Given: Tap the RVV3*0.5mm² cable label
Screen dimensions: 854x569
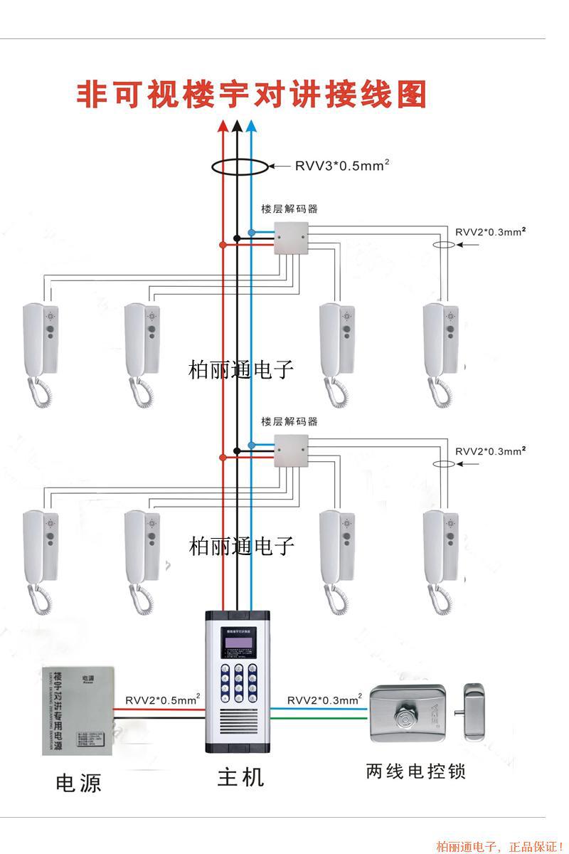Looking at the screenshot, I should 342,166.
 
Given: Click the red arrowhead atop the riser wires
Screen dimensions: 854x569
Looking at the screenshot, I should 223,126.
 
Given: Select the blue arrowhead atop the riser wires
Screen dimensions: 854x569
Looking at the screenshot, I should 250,126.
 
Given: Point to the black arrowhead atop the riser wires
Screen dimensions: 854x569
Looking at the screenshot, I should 236,126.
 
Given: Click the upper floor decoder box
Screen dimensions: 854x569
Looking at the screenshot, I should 292,238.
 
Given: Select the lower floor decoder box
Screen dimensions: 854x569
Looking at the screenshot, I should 292,450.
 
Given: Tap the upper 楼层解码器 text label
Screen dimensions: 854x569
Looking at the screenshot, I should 289,209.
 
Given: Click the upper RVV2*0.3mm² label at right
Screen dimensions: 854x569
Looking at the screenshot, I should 490,232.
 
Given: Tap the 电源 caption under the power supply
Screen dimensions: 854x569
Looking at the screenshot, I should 78,784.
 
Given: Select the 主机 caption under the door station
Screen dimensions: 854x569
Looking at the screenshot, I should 240,777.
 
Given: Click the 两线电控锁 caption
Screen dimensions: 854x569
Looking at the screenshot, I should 416,771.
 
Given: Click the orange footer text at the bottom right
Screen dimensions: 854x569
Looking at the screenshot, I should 499,846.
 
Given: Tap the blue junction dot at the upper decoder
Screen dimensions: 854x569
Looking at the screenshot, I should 251,232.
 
